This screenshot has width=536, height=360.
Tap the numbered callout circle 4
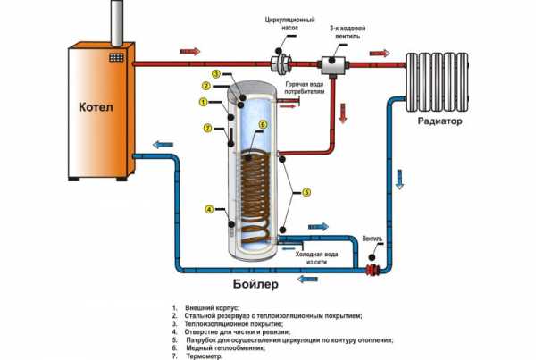[x=208, y=210]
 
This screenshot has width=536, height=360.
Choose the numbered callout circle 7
[x=207, y=129]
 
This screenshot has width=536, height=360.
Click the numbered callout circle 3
[x=216, y=73]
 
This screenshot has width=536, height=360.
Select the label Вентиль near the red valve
[x=374, y=239]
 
